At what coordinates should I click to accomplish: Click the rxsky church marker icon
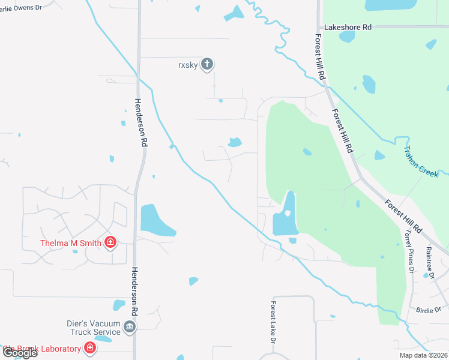(x=207, y=64)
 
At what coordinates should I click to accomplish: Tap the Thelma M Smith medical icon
(x=110, y=242)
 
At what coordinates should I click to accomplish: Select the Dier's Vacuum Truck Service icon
(x=130, y=327)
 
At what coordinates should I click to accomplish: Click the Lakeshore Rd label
(x=348, y=27)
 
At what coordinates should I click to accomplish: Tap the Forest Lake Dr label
(x=273, y=322)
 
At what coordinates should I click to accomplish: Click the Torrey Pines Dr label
(x=409, y=251)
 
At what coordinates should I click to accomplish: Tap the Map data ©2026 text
(x=423, y=355)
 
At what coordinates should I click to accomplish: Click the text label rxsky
(x=187, y=64)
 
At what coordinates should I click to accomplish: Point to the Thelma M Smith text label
(x=71, y=243)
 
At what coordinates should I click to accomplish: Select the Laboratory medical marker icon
(x=89, y=347)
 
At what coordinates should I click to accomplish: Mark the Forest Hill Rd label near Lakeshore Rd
(x=320, y=56)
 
